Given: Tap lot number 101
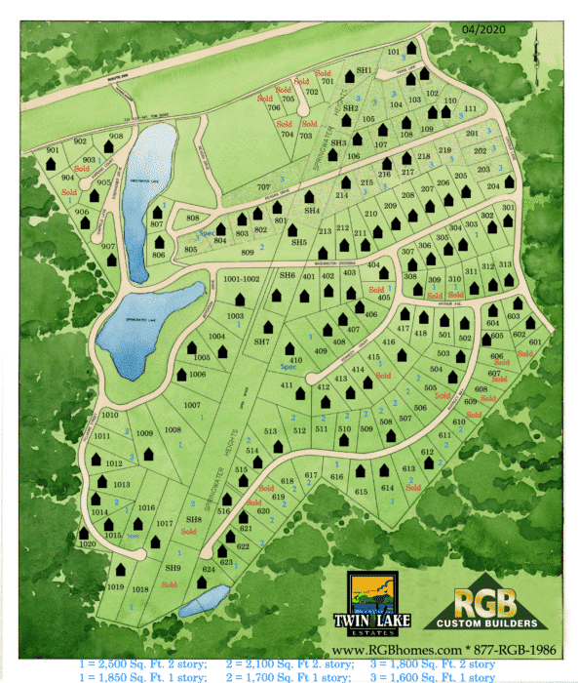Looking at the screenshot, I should tap(395, 51).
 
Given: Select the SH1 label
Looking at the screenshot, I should tap(365, 71).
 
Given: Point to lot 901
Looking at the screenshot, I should tap(53, 150).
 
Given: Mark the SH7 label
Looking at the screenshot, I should tap(261, 342).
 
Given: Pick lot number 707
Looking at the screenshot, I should tap(263, 186).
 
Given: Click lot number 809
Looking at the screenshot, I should tap(248, 254).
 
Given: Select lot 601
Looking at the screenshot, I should tap(534, 342).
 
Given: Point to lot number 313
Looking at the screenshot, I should tap(504, 265).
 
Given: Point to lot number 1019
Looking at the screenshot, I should tap(116, 587).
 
